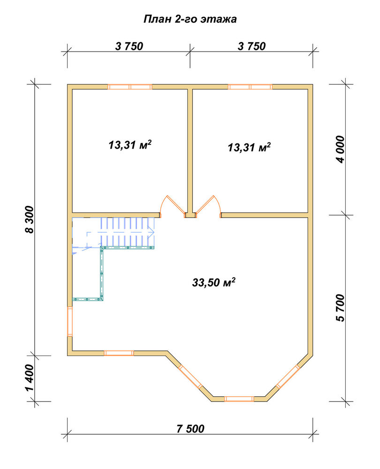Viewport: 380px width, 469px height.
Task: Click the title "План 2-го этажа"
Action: tap(190, 19)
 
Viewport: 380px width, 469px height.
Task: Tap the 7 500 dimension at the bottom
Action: tap(190, 429)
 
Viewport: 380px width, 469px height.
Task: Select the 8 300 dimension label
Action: tap(30, 219)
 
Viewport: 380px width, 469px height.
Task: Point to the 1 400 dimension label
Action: tap(30, 378)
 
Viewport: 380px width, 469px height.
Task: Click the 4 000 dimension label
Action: tap(340, 149)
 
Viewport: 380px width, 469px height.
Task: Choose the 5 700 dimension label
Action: tap(340, 308)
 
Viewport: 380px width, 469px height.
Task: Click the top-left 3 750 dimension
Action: tap(129, 46)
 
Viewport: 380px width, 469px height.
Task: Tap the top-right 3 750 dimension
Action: tap(251, 46)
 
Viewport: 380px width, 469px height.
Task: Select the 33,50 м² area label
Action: tap(213, 282)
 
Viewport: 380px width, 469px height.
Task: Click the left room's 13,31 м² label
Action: tap(130, 145)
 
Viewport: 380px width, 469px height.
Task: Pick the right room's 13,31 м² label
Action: tap(249, 147)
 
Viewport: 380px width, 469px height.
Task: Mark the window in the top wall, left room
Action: tap(130, 87)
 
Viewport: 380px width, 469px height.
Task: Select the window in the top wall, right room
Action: tap(250, 87)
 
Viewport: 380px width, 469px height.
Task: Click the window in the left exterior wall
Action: tap(70, 322)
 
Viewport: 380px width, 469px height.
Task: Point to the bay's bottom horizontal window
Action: tap(239, 399)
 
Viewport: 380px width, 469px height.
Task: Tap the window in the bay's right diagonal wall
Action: tap(288, 377)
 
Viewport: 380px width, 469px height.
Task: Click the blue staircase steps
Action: tap(128, 232)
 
